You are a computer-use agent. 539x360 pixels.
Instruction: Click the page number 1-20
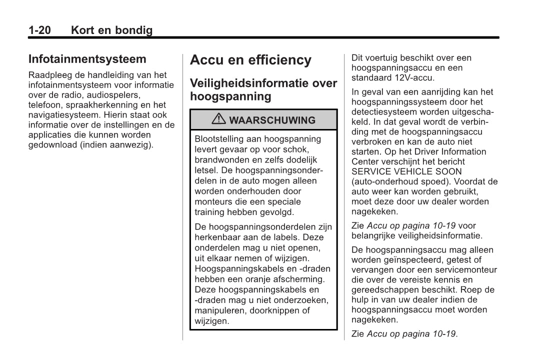39,30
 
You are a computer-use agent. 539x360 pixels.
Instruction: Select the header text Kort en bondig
111,30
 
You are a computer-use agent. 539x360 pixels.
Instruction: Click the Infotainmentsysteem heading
87,59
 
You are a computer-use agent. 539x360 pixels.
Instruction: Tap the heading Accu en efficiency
250,60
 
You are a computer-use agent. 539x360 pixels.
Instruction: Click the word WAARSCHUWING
272,120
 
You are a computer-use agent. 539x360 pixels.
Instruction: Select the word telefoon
43,105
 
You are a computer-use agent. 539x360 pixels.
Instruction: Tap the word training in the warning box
209,212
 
